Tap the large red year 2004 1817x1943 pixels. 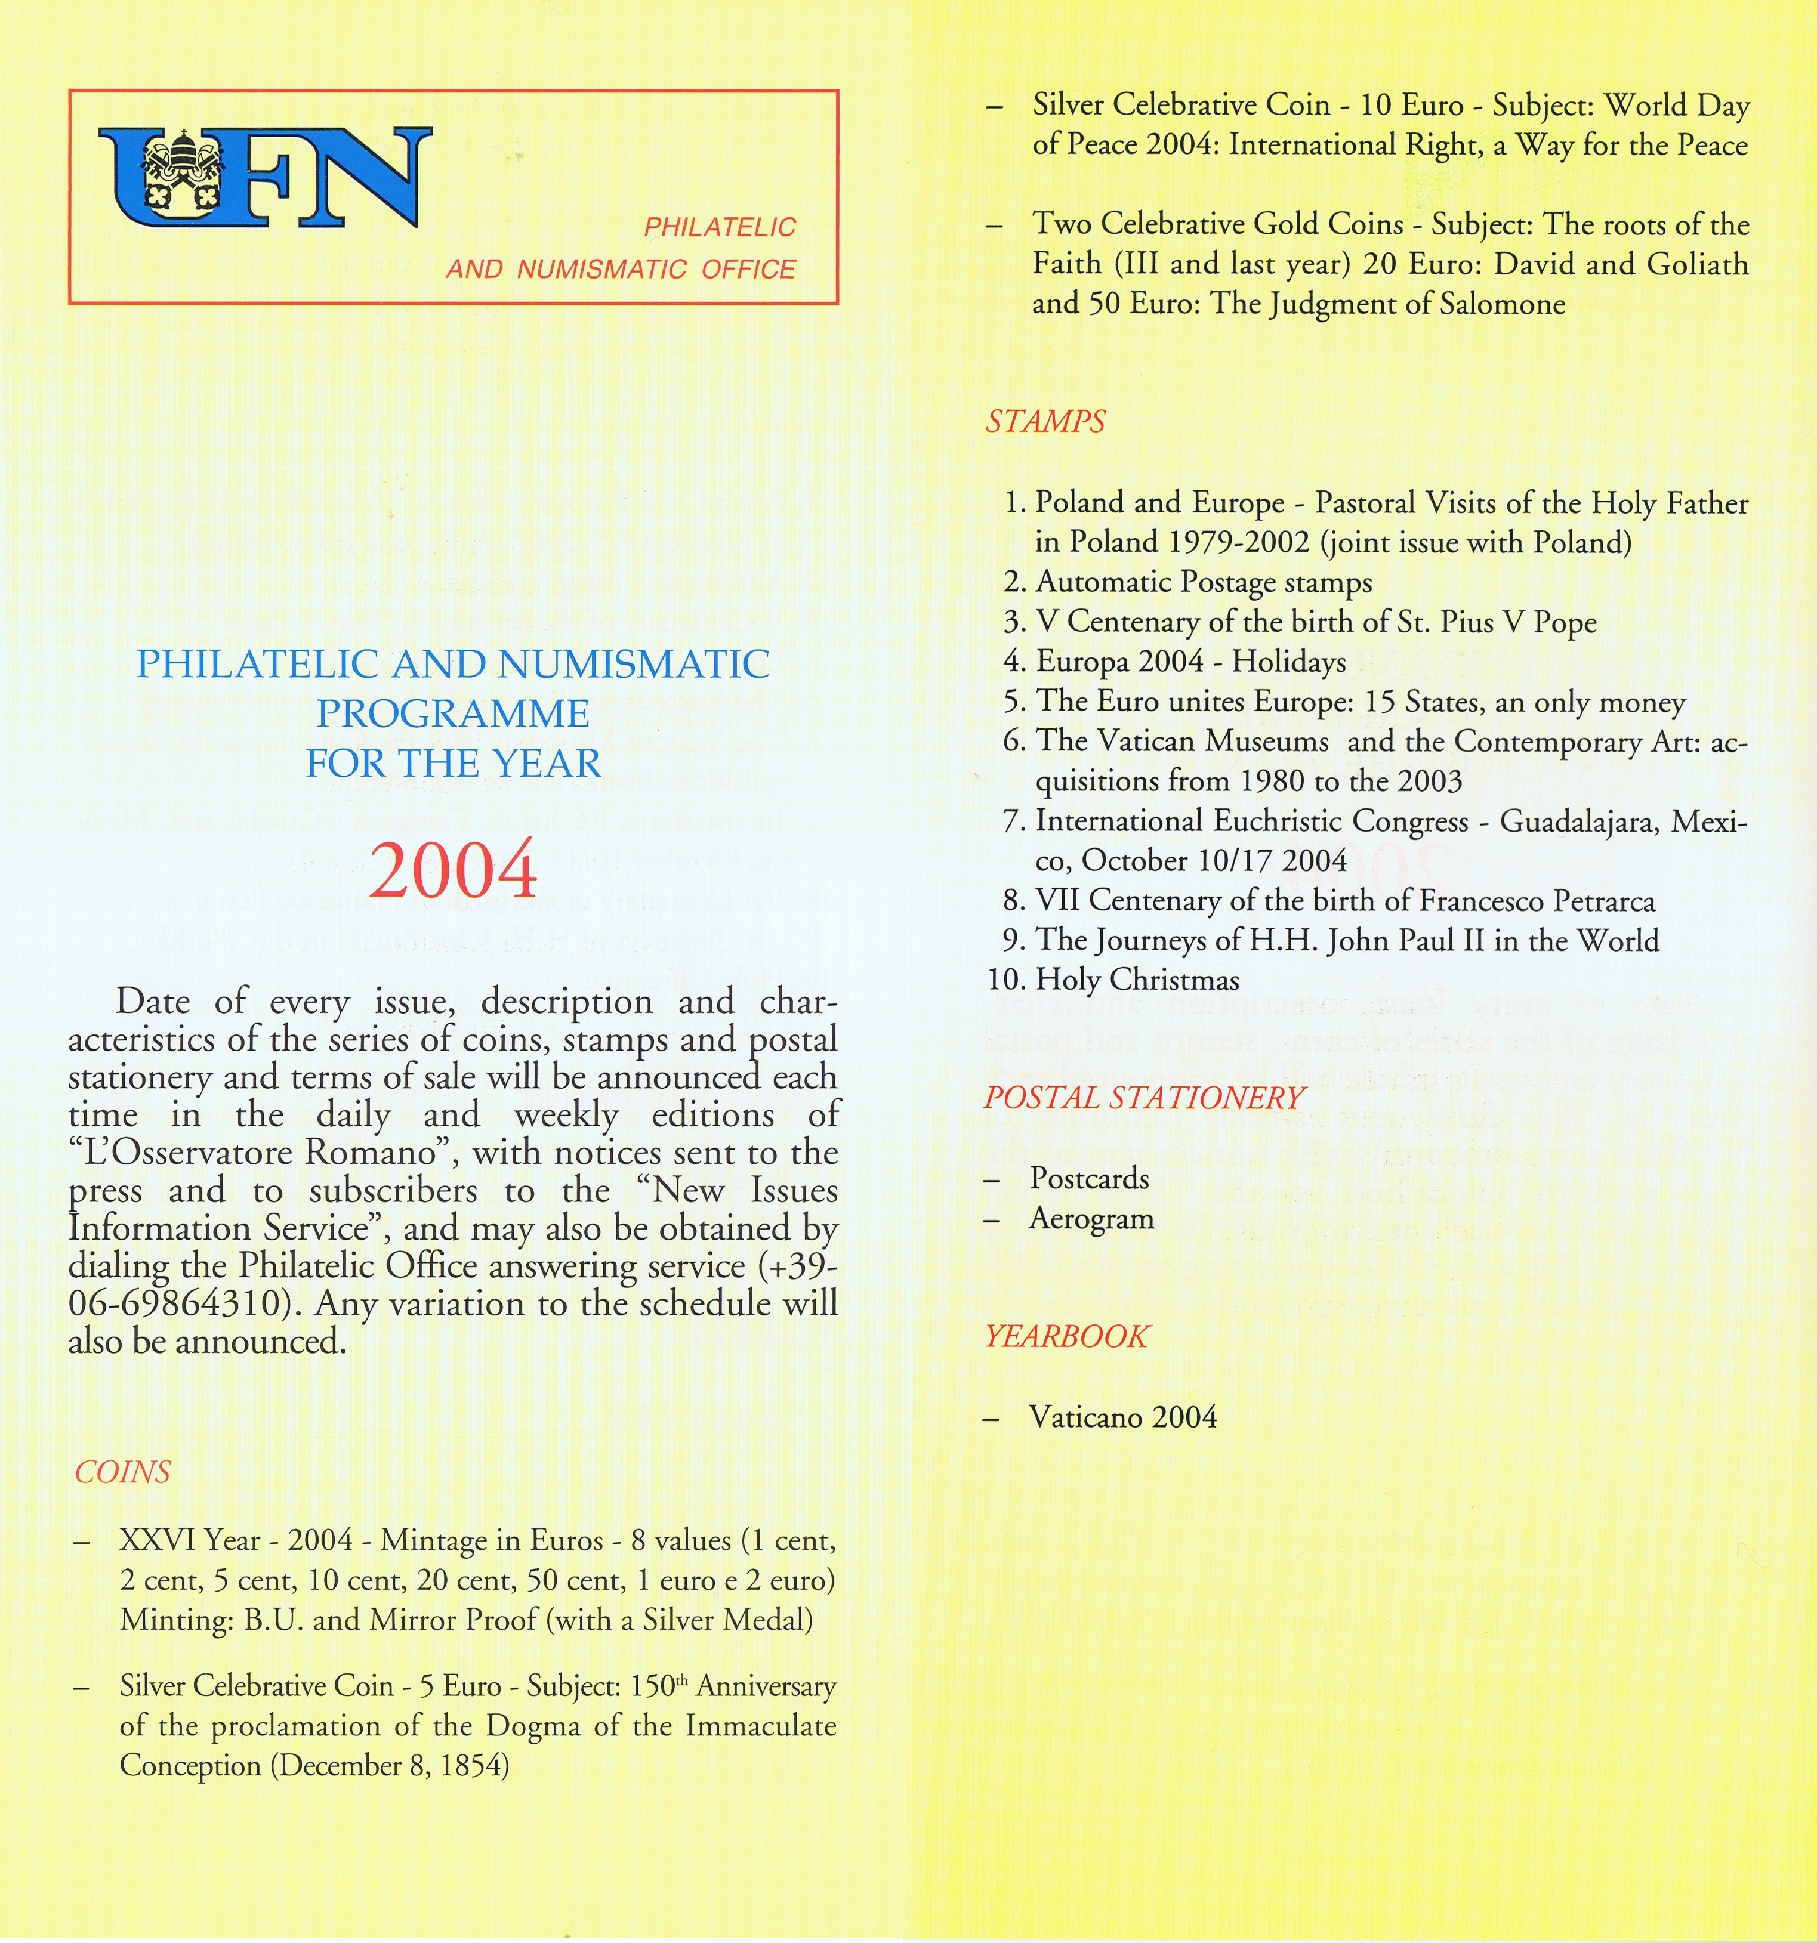point(454,869)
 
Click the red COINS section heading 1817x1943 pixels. point(122,1472)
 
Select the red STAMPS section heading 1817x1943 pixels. point(1045,421)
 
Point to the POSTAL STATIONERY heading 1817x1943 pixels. point(1143,1098)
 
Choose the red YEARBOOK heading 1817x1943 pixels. point(1066,1336)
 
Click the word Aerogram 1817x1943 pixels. point(1092,1219)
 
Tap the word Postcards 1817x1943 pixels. point(1090,1179)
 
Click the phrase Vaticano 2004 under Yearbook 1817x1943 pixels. point(1123,1417)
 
